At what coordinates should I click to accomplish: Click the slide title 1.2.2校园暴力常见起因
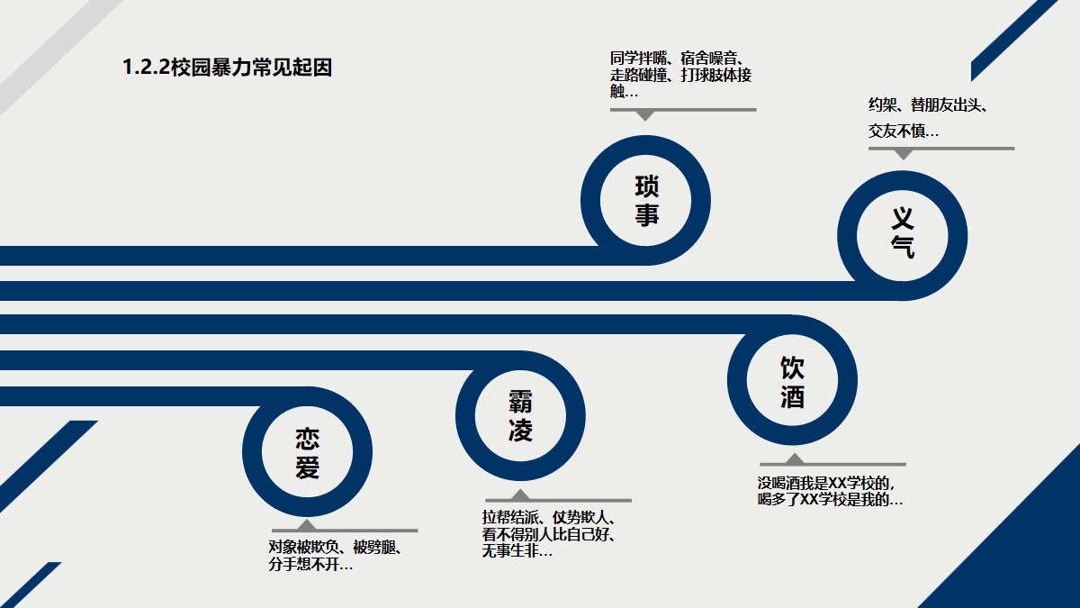point(228,68)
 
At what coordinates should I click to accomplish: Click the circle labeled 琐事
point(646,201)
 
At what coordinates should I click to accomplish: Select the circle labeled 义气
point(903,233)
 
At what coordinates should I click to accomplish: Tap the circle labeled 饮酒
point(792,382)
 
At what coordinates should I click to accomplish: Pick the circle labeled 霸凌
point(520,417)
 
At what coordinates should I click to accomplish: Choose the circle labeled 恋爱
point(307,453)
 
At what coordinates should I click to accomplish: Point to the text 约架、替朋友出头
point(928,105)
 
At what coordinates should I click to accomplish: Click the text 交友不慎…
point(903,132)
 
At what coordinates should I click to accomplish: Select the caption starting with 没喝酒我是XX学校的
point(830,491)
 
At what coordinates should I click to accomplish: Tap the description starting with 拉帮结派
point(549,534)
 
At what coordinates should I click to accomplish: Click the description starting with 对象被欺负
point(335,557)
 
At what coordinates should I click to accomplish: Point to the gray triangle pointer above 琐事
point(644,115)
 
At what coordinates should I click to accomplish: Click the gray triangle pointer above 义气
point(903,154)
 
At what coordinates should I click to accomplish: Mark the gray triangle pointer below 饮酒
point(795,459)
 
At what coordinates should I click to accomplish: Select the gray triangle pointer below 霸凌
point(520,495)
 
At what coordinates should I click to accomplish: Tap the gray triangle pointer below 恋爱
point(307,525)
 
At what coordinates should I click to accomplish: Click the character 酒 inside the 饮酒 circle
point(792,397)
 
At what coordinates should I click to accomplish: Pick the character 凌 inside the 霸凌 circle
point(520,431)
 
